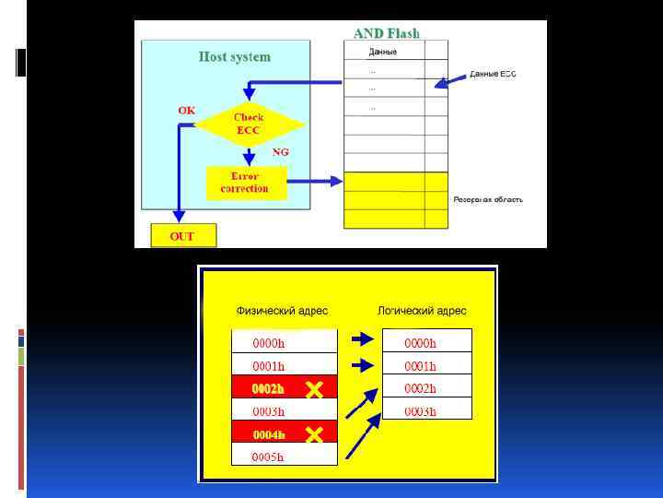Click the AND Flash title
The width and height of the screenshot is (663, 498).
click(387, 33)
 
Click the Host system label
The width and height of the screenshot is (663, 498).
click(235, 57)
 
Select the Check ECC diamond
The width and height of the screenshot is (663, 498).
click(249, 125)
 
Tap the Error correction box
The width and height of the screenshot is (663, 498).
click(245, 183)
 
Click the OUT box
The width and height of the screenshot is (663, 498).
click(182, 236)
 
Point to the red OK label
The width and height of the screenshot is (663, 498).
click(187, 111)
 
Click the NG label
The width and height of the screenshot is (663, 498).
click(281, 151)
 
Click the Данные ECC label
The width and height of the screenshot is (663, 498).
click(493, 74)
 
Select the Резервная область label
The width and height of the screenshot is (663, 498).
click(488, 200)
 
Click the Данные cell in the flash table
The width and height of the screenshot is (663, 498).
click(383, 52)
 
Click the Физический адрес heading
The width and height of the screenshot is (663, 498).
click(282, 311)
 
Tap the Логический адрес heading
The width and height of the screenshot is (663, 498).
click(422, 311)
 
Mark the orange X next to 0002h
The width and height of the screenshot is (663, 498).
click(314, 389)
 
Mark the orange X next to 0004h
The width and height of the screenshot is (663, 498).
click(314, 434)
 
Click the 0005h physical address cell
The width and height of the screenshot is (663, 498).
click(284, 456)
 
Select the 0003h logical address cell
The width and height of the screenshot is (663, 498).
click(426, 411)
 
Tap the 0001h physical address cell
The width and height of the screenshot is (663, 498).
click(284, 366)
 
